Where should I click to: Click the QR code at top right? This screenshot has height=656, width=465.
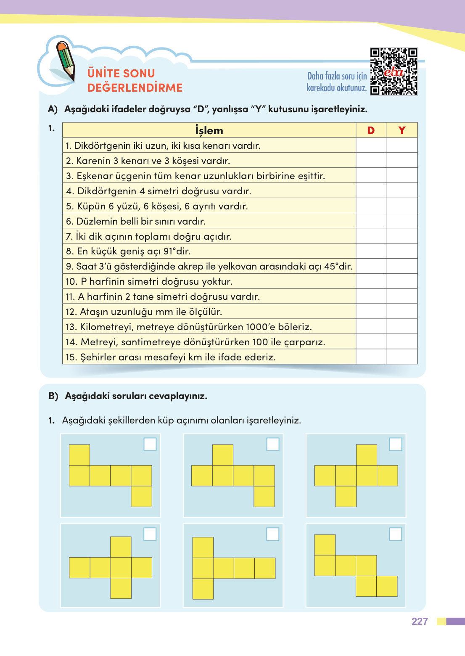[394, 71]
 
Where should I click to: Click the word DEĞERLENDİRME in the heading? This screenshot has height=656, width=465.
[135, 87]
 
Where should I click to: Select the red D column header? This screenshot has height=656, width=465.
[371, 130]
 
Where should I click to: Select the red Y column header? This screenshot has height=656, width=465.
[402, 130]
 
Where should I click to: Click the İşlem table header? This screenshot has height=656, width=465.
[209, 130]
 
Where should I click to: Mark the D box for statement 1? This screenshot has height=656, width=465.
[371, 145]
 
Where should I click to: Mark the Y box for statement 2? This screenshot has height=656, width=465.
[402, 161]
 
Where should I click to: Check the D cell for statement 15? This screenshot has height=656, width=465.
[371, 357]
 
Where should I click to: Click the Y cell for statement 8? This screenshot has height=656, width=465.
[402, 251]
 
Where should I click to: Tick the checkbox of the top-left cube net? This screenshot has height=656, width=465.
[150, 444]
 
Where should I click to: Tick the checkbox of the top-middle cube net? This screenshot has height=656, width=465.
[273, 444]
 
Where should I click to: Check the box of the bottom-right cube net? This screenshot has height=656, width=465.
[396, 534]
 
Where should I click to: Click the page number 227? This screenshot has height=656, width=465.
[420, 622]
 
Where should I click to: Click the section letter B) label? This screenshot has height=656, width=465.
[53, 396]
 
